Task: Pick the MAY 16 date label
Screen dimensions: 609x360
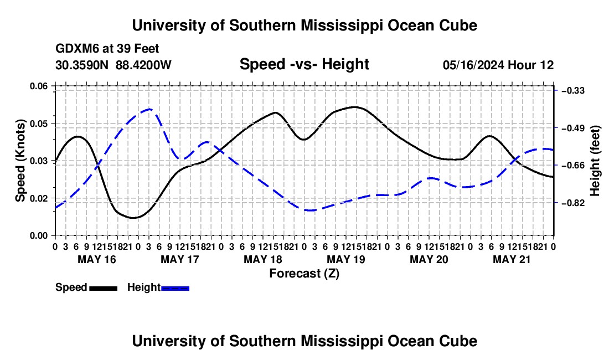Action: pos(97,259)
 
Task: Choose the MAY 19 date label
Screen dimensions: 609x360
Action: pos(345,259)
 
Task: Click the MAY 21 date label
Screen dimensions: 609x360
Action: pos(512,259)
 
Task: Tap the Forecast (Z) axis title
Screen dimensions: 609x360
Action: pos(304,274)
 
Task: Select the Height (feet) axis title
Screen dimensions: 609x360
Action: pos(595,161)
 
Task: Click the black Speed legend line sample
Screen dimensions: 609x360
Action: pos(103,288)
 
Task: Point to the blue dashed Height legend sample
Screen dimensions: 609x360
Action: pos(175,288)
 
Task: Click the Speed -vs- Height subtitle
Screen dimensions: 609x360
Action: pos(304,64)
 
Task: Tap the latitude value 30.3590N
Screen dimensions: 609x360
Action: pos(82,65)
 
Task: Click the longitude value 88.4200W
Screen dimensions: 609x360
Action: pos(143,65)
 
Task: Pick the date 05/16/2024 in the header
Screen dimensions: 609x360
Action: pos(473,65)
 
